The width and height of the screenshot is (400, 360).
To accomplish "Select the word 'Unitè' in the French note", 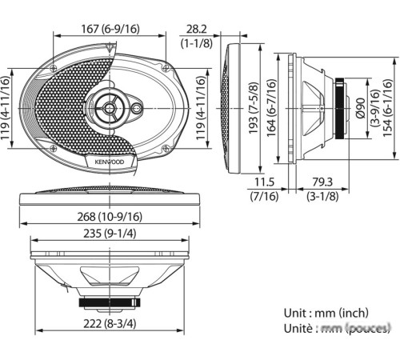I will click(300, 328).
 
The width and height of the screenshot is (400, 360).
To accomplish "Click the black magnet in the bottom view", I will click(109, 302).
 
